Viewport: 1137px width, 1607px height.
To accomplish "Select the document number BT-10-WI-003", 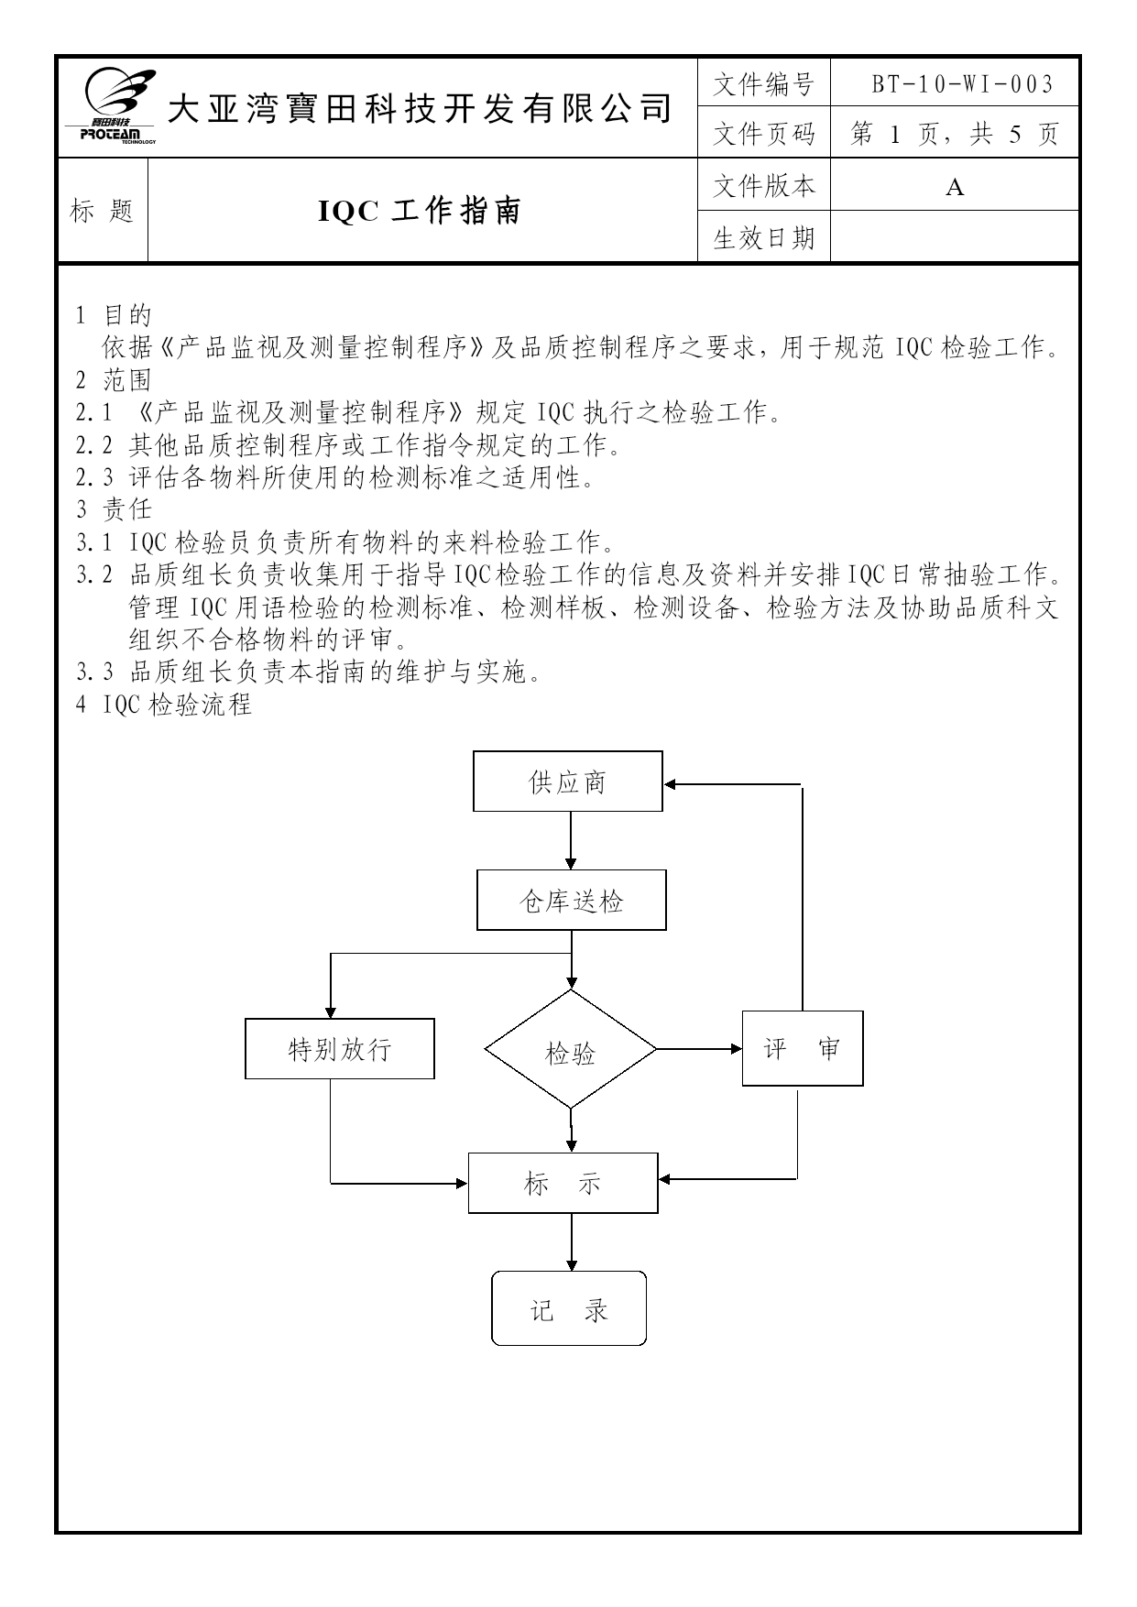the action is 961,85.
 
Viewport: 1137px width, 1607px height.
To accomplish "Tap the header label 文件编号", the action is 763,85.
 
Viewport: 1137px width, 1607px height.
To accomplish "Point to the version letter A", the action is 955,188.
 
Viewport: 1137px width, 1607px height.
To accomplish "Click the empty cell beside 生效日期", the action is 954,237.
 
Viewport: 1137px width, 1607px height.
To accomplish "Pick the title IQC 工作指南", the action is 420,212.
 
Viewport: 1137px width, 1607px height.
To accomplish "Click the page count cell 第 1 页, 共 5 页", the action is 954,134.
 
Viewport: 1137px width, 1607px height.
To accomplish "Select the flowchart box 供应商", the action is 568,782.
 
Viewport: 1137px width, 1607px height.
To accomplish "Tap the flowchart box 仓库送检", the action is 572,901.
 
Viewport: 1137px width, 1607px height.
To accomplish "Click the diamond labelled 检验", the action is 571,1049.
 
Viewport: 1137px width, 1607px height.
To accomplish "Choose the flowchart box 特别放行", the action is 340,1048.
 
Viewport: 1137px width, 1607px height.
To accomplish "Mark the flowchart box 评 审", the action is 803,1048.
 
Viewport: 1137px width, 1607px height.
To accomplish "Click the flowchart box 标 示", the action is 563,1183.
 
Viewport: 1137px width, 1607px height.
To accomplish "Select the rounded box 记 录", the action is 569,1308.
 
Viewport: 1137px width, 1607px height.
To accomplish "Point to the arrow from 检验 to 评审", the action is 699,1049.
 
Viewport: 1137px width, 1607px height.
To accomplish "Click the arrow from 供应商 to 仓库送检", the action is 571,840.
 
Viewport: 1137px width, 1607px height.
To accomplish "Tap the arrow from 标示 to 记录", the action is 572,1241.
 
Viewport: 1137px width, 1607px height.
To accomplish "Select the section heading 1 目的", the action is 114,315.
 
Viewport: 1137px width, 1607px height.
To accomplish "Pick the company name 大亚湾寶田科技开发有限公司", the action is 421,108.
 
